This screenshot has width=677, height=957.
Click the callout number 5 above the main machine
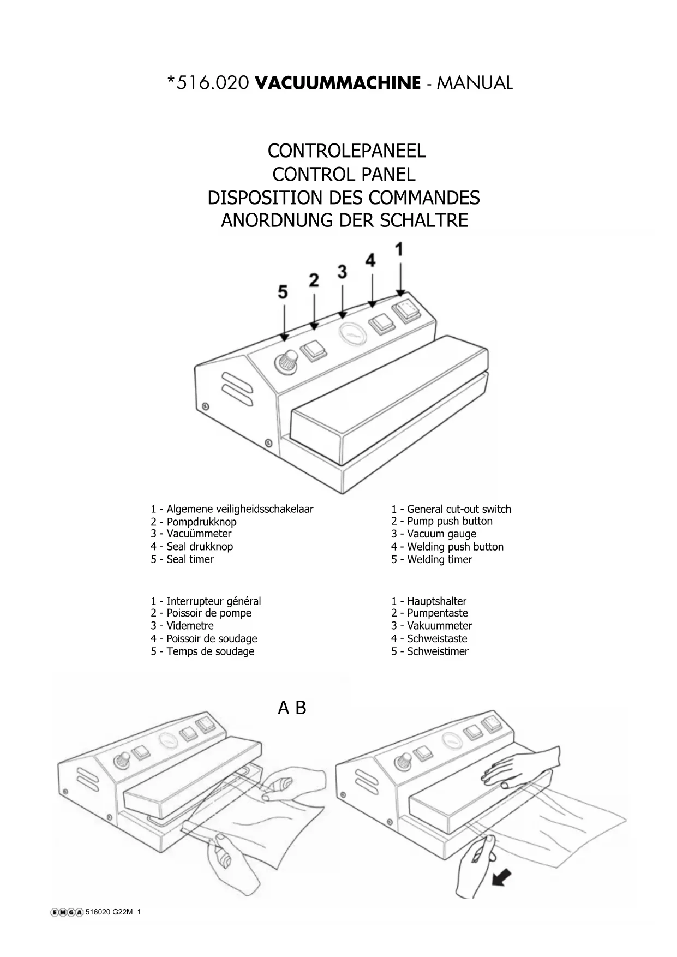283,292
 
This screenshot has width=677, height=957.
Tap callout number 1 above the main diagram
399,249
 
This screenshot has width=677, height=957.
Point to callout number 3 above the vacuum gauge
342,271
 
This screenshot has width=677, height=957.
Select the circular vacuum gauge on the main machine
353,333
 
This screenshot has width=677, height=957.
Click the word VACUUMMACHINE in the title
338,83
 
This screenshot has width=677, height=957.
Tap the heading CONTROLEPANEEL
346,151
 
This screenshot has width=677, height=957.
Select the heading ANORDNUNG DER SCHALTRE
344,220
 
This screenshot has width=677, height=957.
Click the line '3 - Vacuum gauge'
433,534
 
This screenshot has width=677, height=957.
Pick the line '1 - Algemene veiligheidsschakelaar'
232,509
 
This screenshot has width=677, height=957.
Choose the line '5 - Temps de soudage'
202,651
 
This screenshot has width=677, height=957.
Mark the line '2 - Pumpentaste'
429,613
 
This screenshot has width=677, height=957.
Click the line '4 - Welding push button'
447,546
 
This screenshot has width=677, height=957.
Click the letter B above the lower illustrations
301,708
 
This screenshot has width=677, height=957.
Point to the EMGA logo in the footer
67,912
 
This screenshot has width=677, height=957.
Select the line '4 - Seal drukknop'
191,546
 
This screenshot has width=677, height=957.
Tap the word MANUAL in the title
475,83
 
